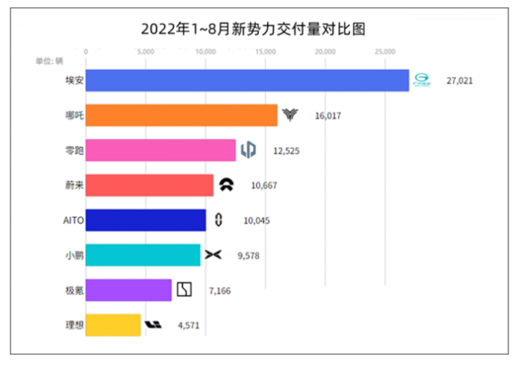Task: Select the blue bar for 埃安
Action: click(247, 80)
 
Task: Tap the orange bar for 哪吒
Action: click(181, 115)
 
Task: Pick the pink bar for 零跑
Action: click(160, 150)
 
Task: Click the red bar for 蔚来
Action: click(149, 185)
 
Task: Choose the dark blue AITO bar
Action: click(146, 220)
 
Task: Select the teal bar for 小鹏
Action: click(143, 256)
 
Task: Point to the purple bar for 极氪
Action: click(128, 290)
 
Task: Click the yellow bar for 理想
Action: click(113, 325)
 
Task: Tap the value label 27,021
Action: click(460, 80)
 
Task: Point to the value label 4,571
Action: click(188, 326)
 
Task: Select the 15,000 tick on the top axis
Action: click(265, 51)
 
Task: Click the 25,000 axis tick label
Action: click(385, 51)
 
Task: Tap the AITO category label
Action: click(74, 220)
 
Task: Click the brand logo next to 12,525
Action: click(248, 150)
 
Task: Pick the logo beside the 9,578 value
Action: click(213, 256)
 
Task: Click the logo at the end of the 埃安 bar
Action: click(423, 80)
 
